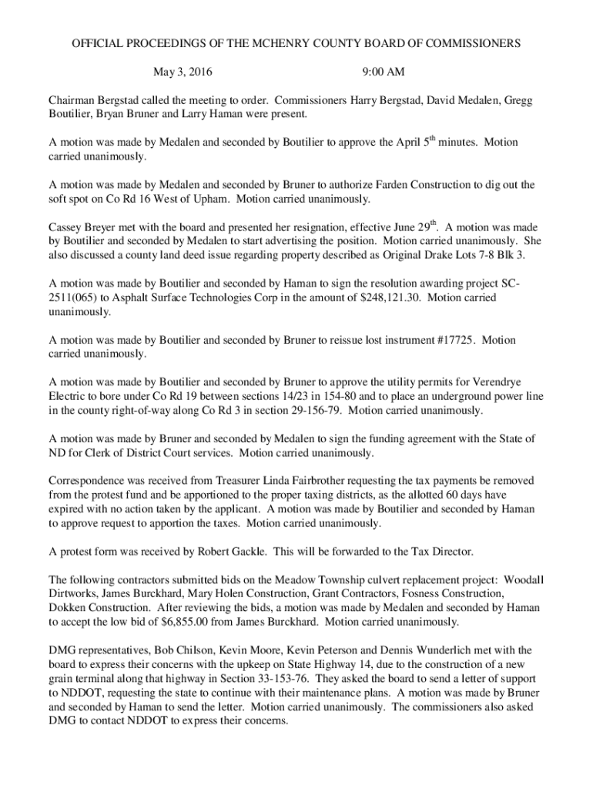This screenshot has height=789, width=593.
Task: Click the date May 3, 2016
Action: pyautogui.click(x=183, y=73)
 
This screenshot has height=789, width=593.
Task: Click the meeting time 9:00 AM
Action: pyautogui.click(x=383, y=73)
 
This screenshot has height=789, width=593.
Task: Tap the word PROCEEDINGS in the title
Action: pyautogui.click(x=165, y=44)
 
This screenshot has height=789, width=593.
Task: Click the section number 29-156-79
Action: pyautogui.click(x=313, y=410)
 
